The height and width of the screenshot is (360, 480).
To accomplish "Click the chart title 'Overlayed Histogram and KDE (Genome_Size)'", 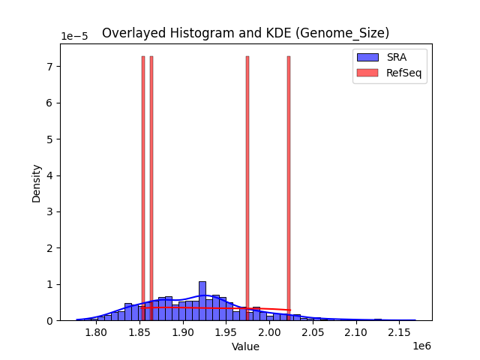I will click(x=245, y=33).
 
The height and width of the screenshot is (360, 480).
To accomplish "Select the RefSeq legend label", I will click(x=403, y=72).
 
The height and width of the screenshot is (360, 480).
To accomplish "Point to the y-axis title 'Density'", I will click(x=36, y=182).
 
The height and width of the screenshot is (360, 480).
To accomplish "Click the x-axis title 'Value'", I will click(x=245, y=347).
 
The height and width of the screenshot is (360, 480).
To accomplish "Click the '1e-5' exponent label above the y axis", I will click(x=73, y=37).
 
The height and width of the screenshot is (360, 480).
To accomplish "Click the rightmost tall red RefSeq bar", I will click(x=289, y=187).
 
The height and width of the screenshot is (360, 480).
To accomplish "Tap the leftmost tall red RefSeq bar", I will click(x=143, y=187).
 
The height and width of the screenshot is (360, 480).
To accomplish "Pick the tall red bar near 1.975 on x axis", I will click(x=247, y=187).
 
